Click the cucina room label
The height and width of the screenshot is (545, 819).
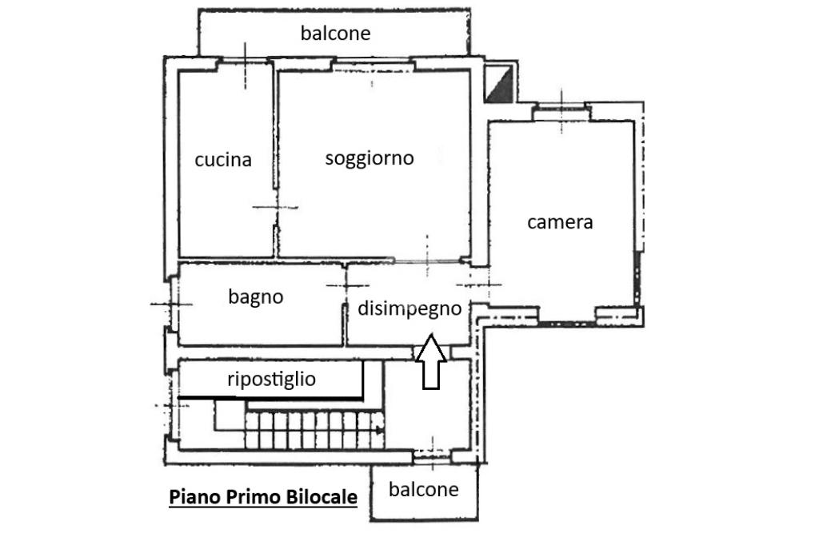[223, 160]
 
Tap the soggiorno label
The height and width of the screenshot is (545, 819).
[370, 158]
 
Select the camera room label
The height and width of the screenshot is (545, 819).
[560, 222]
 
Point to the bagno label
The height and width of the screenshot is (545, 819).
[256, 297]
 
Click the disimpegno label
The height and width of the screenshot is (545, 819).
[409, 308]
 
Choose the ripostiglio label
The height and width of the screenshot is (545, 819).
[271, 379]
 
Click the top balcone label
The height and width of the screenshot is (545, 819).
[336, 34]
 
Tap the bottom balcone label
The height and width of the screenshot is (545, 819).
[423, 489]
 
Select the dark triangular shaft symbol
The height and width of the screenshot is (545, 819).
[500, 84]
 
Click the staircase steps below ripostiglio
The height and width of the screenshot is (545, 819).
[312, 430]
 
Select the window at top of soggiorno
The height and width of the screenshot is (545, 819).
[371, 65]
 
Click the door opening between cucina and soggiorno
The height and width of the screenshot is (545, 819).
[276, 208]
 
